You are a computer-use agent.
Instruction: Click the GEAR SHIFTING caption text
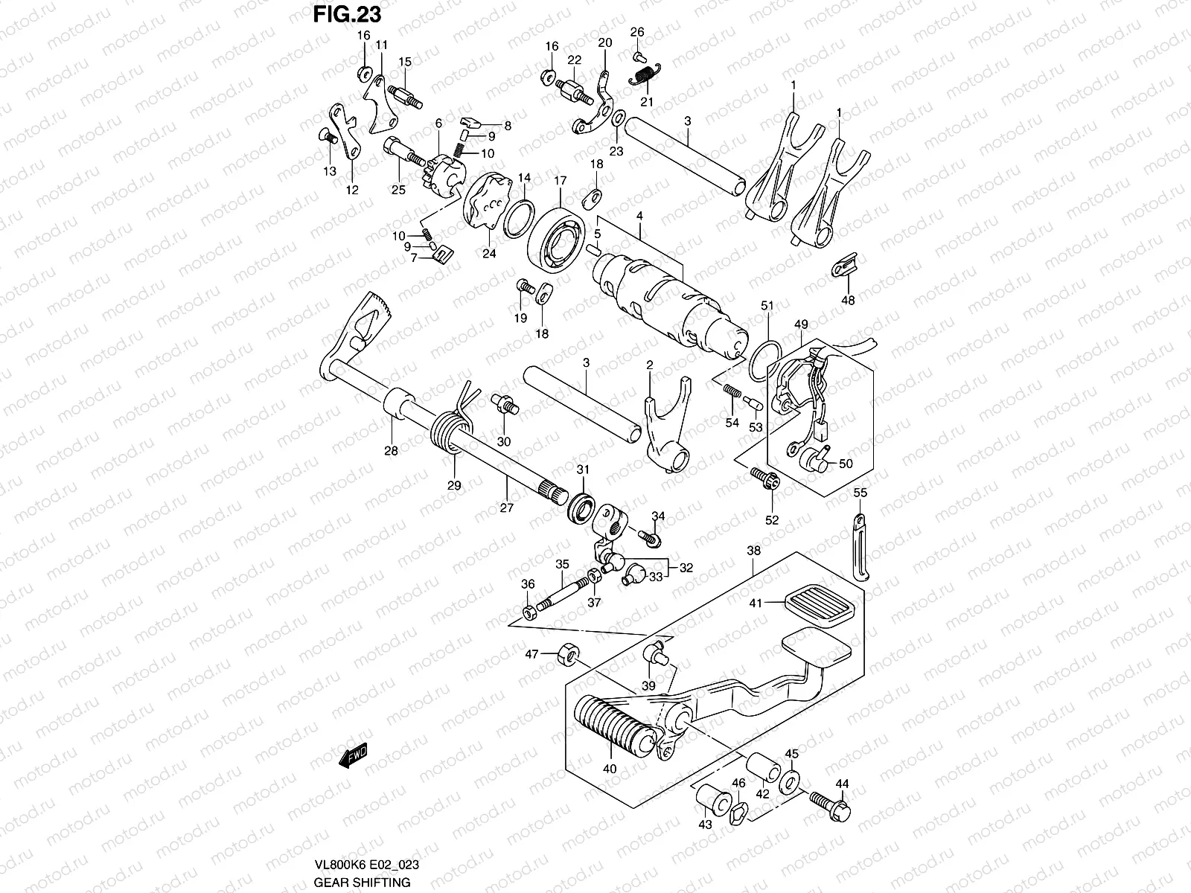point(362,883)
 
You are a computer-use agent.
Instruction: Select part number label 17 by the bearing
point(560,180)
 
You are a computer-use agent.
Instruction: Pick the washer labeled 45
point(791,781)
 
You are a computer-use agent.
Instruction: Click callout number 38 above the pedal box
point(753,551)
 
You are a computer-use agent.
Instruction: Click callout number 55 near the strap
point(860,493)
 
